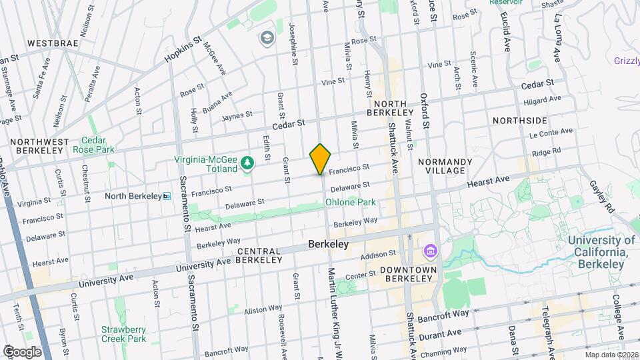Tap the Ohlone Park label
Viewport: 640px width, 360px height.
(350, 202)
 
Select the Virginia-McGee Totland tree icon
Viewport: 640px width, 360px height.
(247, 163)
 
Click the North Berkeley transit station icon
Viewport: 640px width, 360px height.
(167, 196)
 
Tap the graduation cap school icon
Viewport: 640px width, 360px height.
(268, 37)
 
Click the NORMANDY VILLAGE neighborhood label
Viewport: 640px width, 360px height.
(445, 166)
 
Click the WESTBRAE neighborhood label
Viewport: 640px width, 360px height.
(53, 43)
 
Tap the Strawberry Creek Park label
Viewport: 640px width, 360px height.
(123, 333)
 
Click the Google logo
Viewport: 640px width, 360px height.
(23, 351)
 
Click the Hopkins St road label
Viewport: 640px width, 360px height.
(183, 49)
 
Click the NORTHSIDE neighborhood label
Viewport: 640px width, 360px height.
(520, 121)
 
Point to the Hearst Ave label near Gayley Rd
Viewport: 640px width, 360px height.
(488, 179)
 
